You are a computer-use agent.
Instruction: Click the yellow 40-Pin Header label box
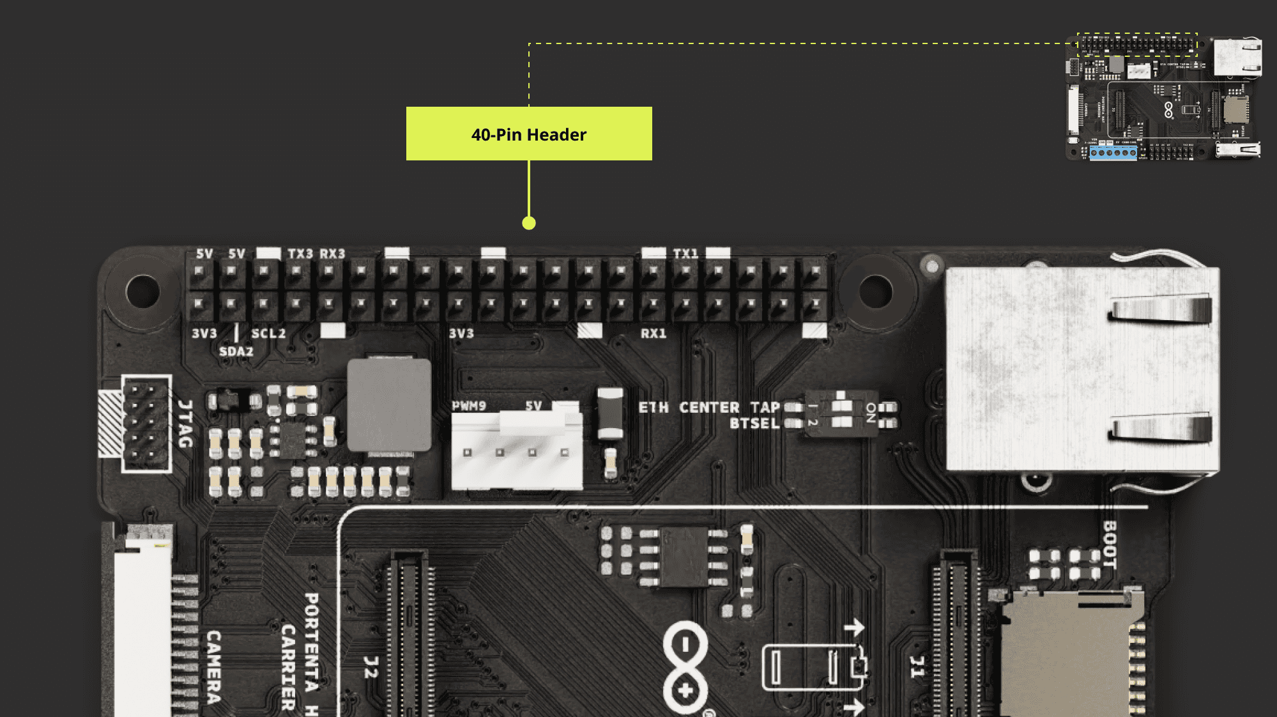[x=529, y=134]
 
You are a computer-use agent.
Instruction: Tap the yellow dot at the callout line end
[x=529, y=223]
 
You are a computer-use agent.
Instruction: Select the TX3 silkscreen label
[x=300, y=254]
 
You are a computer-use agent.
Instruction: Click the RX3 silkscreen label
[x=332, y=254]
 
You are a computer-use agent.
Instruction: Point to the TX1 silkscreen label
[x=685, y=254]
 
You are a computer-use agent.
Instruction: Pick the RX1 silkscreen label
[x=654, y=334]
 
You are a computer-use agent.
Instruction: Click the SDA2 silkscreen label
[x=236, y=351]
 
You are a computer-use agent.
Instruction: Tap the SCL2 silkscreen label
[x=268, y=334]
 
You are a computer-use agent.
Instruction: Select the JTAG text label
[x=185, y=424]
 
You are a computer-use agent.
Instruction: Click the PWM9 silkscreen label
[x=469, y=406]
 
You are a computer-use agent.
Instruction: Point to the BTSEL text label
[x=754, y=424]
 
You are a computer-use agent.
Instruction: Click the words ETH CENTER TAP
[x=708, y=407]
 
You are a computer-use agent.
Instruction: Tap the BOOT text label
[x=1110, y=544]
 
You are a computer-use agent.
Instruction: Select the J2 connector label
[x=371, y=667]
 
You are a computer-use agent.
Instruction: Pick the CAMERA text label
[x=214, y=667]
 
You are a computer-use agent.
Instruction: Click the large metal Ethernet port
[x=1082, y=369]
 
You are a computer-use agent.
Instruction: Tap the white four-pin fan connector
[x=516, y=451]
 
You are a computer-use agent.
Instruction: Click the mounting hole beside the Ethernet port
[x=875, y=291]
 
